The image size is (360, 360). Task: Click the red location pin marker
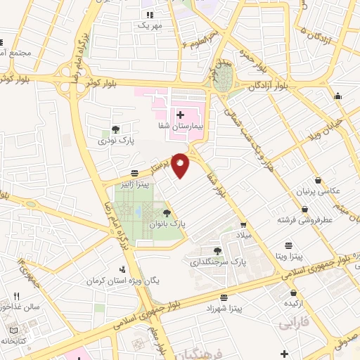(x=181, y=165)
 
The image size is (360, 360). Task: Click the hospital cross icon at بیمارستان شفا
(x=180, y=114)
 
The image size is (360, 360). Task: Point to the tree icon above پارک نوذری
(x=115, y=129)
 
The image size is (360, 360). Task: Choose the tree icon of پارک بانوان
(x=167, y=213)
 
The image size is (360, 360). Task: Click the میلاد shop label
(x=244, y=236)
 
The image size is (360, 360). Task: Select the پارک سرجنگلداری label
(x=219, y=262)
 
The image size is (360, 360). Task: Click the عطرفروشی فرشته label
(x=304, y=220)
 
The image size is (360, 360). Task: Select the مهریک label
(x=149, y=25)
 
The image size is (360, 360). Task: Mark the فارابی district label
(x=294, y=325)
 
